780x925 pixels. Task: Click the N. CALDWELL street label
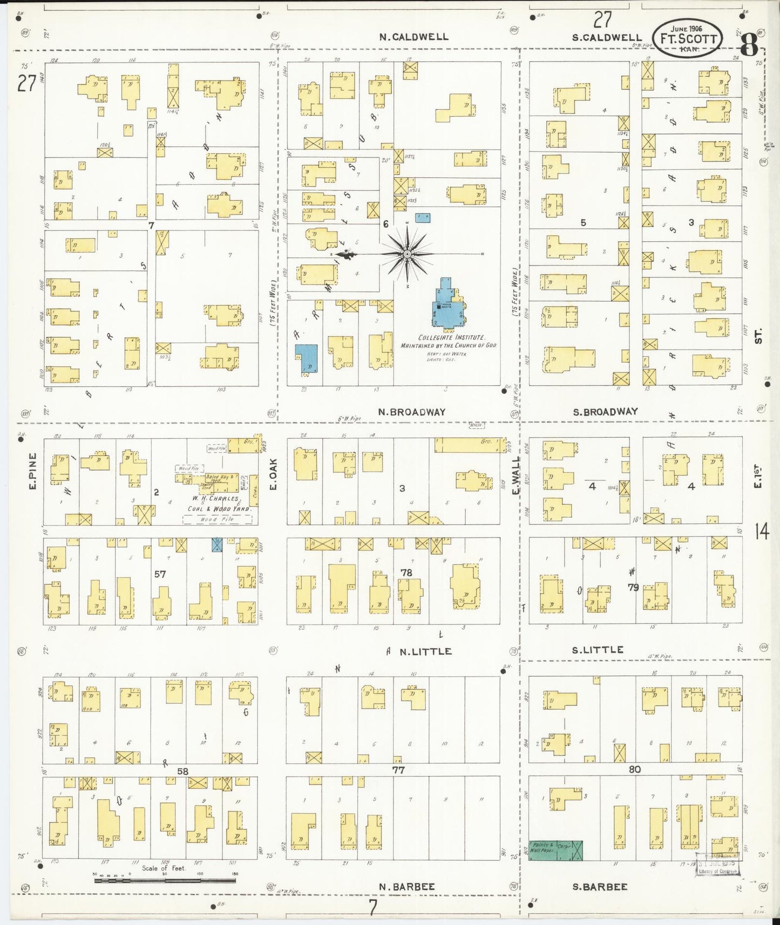(413, 37)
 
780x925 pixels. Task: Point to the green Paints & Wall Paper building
(555, 850)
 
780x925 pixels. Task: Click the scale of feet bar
(165, 881)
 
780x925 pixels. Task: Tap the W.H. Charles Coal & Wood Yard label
(217, 503)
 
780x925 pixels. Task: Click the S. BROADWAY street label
(605, 411)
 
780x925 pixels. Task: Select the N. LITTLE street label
(425, 651)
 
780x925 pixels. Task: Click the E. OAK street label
(273, 475)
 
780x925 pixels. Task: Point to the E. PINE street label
(32, 471)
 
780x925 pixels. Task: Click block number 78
(406, 572)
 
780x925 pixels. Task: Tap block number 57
(160, 574)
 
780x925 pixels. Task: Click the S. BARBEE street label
(599, 886)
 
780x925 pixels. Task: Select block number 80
(634, 769)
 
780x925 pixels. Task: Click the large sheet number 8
(749, 44)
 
